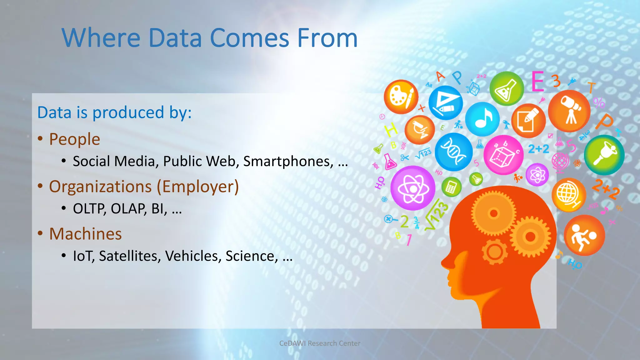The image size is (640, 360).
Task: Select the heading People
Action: coord(74,139)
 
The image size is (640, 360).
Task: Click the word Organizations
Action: coord(100,187)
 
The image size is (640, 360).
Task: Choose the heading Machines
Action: coord(85,234)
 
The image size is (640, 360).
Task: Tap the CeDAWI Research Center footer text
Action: coord(320,343)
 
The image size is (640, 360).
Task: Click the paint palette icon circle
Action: coord(401,97)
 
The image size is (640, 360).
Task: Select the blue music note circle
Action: coord(482,119)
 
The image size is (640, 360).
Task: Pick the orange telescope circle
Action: coord(569,111)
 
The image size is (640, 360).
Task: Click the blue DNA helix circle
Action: coord(453,152)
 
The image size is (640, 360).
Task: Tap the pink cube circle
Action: coord(503,155)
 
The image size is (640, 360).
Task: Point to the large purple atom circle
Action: coord(412,188)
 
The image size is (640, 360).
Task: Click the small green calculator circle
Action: coord(451,187)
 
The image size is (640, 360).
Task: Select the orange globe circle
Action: coord(568,195)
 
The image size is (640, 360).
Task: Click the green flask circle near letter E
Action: coord(507,89)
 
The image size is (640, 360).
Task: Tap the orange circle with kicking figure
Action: coord(584,235)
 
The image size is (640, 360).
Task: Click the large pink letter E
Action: coord(538,82)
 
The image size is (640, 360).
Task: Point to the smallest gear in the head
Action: coord(494,251)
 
